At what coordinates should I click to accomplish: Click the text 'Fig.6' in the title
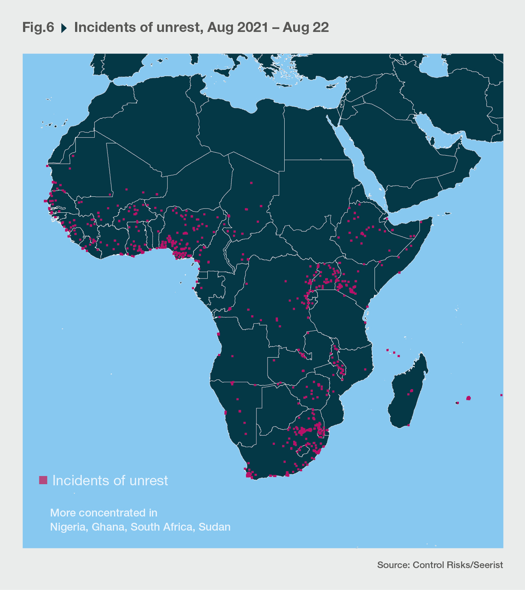tap(38, 27)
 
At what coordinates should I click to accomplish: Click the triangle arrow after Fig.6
tap(64, 28)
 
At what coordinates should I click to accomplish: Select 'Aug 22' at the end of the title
tap(305, 27)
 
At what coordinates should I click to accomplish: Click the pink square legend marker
tap(43, 480)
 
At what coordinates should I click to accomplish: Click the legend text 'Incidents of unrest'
tap(110, 480)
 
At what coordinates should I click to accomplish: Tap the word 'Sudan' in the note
tap(214, 527)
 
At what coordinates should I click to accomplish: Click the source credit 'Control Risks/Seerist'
tap(458, 565)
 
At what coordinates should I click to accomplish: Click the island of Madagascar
tap(407, 394)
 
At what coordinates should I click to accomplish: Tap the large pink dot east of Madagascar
tap(469, 398)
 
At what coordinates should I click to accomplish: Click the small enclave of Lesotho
tap(303, 450)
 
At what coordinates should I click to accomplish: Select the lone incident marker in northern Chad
tap(252, 183)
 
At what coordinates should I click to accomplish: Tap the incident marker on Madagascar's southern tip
tap(408, 425)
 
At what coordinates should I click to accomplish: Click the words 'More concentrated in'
tap(104, 513)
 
